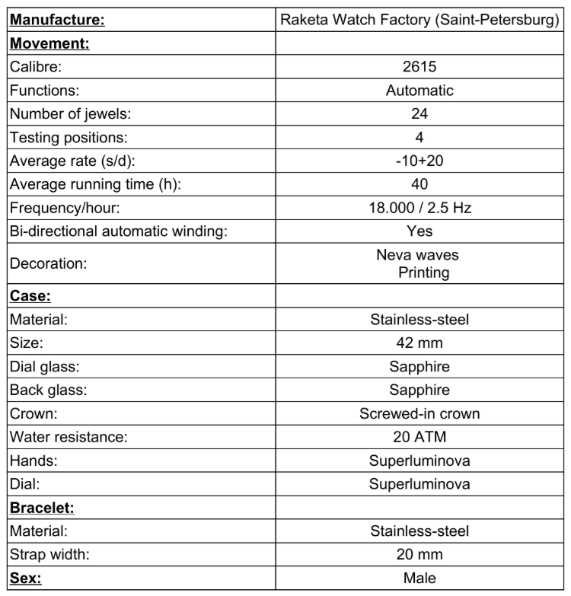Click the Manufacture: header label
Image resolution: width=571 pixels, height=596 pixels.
point(57,21)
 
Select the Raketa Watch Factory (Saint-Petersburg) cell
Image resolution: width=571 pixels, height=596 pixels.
point(419,21)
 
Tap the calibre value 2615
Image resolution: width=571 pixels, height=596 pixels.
point(419,67)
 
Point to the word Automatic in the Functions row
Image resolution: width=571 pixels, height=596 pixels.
point(419,91)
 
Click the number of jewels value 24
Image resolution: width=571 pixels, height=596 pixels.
point(419,114)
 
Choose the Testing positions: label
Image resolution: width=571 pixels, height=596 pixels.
point(69,138)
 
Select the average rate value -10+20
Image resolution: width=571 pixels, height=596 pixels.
point(419,161)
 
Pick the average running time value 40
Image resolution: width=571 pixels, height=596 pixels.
point(419,184)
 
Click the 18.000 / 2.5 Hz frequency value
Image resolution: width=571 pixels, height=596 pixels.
point(419,207)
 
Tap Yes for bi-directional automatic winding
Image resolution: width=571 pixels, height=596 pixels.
point(419,231)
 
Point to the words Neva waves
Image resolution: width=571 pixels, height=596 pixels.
point(417,255)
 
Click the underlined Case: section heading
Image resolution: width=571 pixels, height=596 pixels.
point(30,296)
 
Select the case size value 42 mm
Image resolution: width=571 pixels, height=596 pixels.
point(419,343)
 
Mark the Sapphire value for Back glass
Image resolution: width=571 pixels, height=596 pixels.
point(419,390)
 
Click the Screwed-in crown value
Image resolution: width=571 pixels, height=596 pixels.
point(419,413)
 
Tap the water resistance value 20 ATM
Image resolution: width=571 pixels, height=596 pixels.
point(419,437)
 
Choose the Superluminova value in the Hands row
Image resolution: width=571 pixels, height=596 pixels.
point(419,461)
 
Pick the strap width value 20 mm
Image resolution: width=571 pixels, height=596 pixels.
point(419,554)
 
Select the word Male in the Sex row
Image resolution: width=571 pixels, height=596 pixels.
point(419,578)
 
